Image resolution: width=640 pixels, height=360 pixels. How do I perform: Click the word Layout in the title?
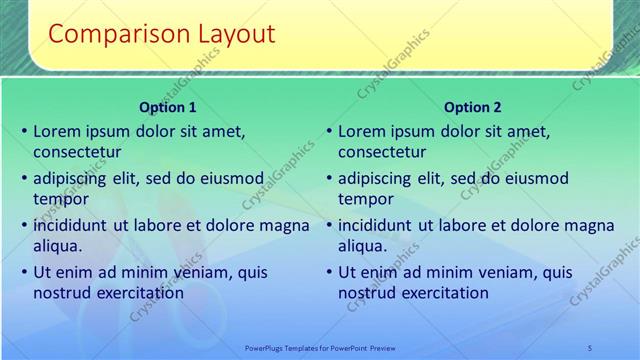233,34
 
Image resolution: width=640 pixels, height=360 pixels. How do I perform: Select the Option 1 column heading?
168,107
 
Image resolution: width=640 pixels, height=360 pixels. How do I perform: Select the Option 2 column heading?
473,107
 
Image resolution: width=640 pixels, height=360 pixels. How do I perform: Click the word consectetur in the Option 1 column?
77,152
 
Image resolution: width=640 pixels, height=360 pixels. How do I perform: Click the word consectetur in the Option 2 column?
382,152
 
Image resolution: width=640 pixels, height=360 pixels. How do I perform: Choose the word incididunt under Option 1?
71,225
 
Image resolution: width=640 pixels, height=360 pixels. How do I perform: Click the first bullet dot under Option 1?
24,132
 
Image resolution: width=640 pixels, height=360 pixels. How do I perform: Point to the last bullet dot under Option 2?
329,273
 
